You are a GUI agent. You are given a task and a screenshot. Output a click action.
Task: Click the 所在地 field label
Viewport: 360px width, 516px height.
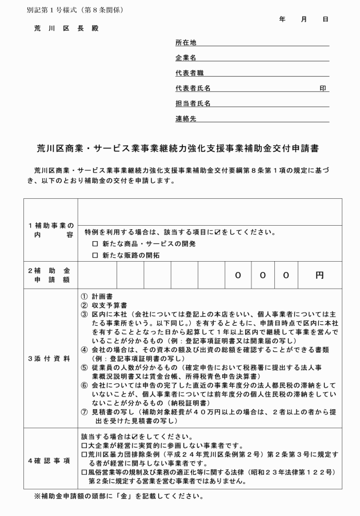point(186,43)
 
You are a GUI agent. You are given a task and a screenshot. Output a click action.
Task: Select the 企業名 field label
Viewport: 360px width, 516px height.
point(186,58)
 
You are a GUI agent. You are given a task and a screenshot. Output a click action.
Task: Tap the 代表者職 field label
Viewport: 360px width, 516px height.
point(189,73)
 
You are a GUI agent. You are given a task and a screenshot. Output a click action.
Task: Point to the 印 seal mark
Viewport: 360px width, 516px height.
point(323,88)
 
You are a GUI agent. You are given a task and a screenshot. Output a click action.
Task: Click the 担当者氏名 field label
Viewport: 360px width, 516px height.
point(193,103)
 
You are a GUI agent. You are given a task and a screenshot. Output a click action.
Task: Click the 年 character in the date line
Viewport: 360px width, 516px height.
point(282,19)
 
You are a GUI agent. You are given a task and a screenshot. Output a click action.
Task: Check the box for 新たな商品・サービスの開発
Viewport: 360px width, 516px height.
point(95,244)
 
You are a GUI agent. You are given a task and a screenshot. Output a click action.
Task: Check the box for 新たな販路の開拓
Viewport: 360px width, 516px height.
point(95,255)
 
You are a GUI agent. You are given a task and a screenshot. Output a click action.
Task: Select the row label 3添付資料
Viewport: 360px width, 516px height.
point(50,358)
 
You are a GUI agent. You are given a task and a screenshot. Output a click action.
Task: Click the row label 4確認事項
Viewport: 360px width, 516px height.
point(50,460)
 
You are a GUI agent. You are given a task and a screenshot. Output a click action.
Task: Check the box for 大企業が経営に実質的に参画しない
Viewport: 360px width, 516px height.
point(85,445)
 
